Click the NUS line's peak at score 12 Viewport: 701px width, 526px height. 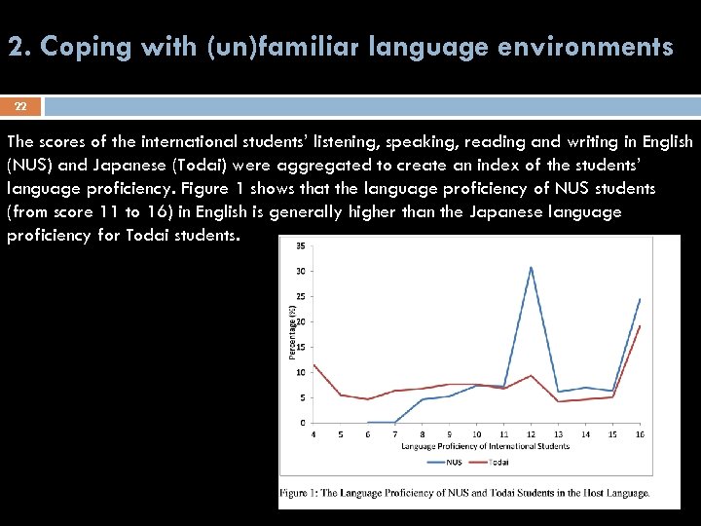[x=531, y=267]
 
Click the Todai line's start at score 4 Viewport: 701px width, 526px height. [x=314, y=365]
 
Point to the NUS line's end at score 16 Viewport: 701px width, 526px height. [x=640, y=299]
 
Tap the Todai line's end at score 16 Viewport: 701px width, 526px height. [x=640, y=326]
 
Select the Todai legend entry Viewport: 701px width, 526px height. [x=495, y=462]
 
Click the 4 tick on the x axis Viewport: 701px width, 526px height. [x=314, y=434]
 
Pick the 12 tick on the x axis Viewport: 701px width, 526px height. [x=531, y=434]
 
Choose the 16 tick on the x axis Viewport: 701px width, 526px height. [x=640, y=434]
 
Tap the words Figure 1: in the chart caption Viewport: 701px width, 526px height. [x=304, y=493]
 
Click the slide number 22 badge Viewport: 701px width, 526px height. [x=20, y=105]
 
